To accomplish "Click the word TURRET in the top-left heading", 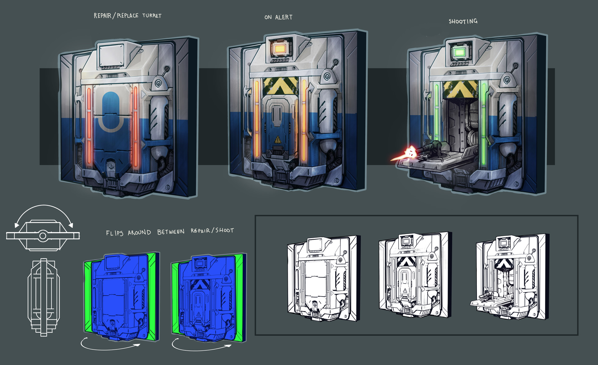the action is pyautogui.click(x=152, y=16).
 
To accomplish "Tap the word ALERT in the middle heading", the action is pyautogui.click(x=284, y=17).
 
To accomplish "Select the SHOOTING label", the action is pyautogui.click(x=463, y=21).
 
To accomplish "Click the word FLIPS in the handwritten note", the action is pyautogui.click(x=115, y=233).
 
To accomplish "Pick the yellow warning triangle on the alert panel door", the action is pyautogui.click(x=278, y=140).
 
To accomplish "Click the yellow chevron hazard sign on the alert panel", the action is pyautogui.click(x=280, y=86).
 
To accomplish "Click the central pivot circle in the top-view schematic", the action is pyautogui.click(x=43, y=236).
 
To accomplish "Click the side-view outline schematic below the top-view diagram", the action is pyautogui.click(x=43, y=297).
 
